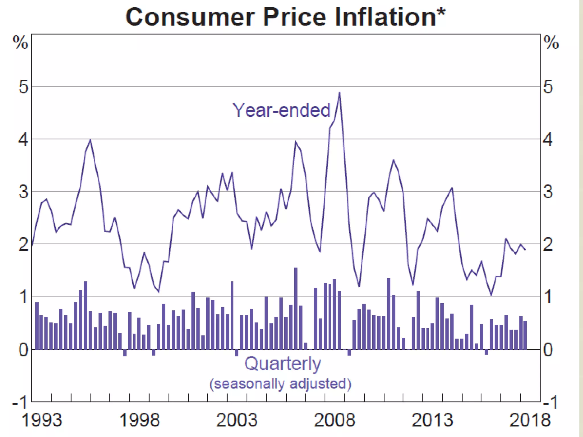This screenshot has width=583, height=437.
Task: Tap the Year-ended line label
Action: click(281, 110)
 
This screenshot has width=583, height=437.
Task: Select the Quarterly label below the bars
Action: click(282, 364)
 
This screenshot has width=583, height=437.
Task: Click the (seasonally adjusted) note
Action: click(280, 384)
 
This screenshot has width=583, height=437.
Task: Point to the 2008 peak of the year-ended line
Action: click(339, 93)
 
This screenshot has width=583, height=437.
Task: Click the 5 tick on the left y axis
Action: click(23, 87)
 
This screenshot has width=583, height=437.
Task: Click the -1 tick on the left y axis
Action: click(20, 402)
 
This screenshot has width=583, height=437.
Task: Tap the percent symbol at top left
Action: click(20, 43)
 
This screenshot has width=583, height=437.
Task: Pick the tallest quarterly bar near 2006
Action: click(296, 308)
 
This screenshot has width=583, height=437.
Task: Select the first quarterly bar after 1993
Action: click(37, 326)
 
